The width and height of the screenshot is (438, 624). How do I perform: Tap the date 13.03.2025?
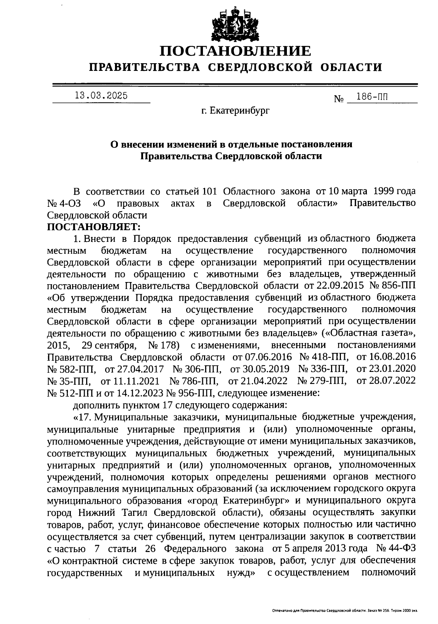101,96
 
